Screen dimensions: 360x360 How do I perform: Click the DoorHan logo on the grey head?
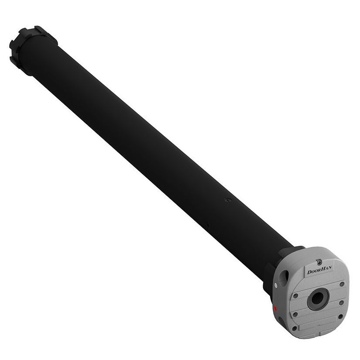319,271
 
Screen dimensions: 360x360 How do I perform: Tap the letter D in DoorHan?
309,272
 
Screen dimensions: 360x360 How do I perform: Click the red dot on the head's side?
275,309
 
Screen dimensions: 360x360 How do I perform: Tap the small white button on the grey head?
276,285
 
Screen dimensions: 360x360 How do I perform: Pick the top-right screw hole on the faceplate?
342,284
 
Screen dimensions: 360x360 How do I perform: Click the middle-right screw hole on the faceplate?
341,302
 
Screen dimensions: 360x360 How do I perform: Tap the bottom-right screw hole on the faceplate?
340,317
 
